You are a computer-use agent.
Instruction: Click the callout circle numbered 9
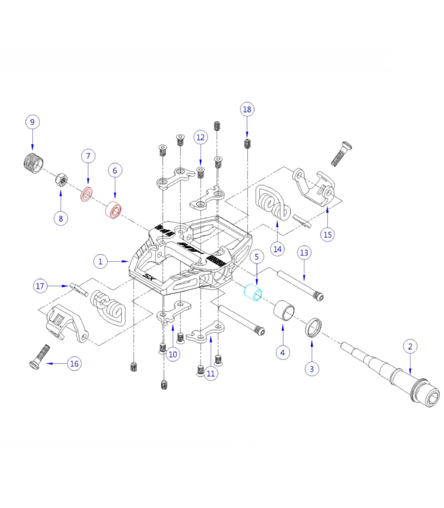click(x=32, y=122)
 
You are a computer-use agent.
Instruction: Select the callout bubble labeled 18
click(x=247, y=109)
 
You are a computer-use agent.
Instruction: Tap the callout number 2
click(x=410, y=346)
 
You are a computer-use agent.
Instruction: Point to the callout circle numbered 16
click(x=74, y=364)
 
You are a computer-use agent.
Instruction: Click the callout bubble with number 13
click(x=304, y=253)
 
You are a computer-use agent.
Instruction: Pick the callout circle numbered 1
click(x=100, y=260)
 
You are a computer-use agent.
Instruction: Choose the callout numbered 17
click(x=40, y=286)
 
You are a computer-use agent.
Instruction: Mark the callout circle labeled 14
click(x=278, y=248)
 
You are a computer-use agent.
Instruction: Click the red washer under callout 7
click(x=86, y=193)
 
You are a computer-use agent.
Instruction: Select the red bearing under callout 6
click(x=114, y=209)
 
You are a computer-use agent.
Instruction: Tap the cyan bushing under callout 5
click(x=254, y=295)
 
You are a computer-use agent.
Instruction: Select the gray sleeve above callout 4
click(x=283, y=313)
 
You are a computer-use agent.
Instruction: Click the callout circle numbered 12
click(x=200, y=137)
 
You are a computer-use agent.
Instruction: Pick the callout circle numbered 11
click(x=211, y=373)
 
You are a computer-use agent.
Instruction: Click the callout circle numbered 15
click(x=327, y=234)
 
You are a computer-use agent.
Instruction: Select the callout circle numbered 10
click(x=173, y=354)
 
